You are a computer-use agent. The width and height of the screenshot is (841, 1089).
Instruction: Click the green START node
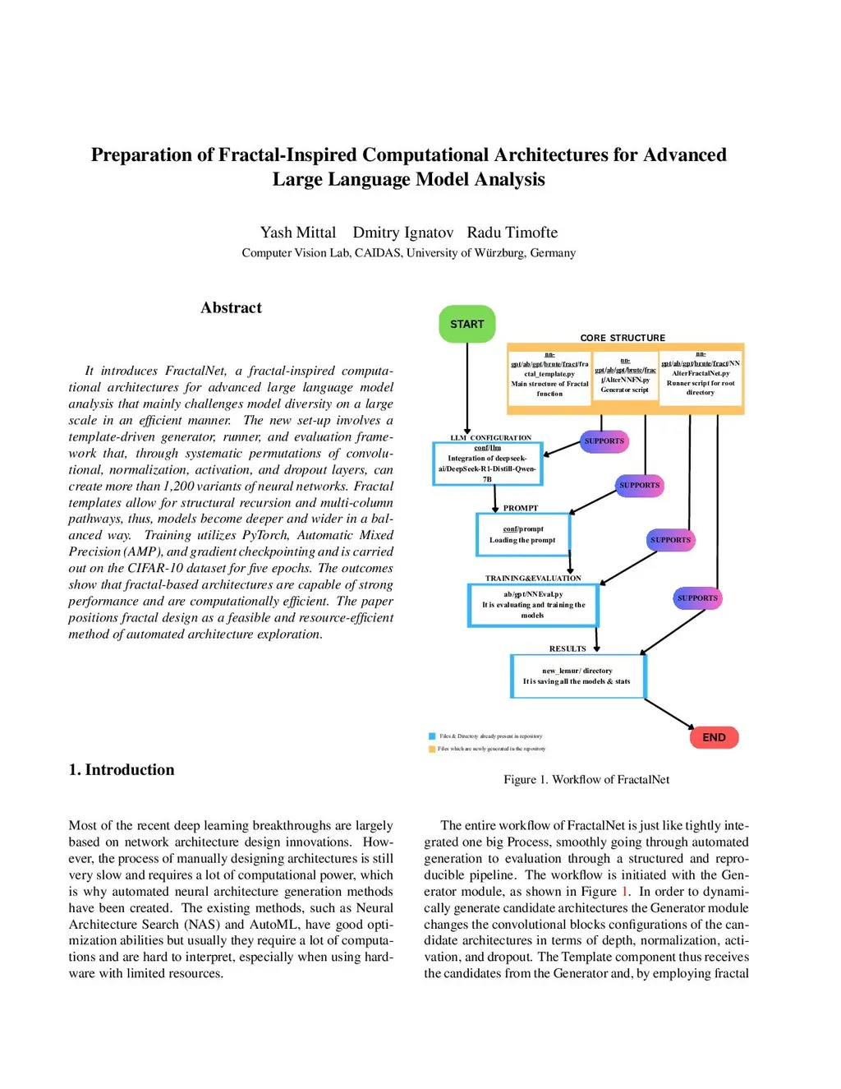click(466, 324)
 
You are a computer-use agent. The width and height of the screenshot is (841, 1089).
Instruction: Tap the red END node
click(714, 737)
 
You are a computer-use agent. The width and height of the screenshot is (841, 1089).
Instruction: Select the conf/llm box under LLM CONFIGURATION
click(487, 464)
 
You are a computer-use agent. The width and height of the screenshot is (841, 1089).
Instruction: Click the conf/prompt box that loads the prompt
click(522, 534)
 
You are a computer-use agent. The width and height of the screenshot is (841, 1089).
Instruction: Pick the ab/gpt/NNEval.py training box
click(533, 605)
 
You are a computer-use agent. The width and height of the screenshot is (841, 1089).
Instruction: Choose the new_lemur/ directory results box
click(577, 676)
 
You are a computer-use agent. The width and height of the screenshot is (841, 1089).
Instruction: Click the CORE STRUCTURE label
click(623, 338)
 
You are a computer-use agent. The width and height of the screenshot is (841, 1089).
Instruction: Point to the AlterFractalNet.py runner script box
click(701, 377)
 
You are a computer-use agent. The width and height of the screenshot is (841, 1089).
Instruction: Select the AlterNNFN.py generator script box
click(625, 377)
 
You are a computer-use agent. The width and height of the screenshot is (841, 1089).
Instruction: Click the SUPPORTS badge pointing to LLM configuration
click(604, 441)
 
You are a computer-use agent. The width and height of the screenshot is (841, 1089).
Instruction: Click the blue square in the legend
click(432, 736)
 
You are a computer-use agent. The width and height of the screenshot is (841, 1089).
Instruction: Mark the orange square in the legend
click(432, 749)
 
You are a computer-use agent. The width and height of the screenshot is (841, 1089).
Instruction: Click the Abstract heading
click(231, 308)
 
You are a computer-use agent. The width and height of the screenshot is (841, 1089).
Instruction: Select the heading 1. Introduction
click(122, 770)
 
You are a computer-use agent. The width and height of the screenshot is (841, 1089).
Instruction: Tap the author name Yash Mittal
click(298, 233)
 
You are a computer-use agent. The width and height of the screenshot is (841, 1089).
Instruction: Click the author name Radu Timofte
click(512, 233)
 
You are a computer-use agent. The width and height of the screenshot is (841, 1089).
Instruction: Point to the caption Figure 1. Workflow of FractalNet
click(586, 780)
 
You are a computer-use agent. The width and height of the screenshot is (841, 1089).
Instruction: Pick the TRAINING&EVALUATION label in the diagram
click(533, 579)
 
